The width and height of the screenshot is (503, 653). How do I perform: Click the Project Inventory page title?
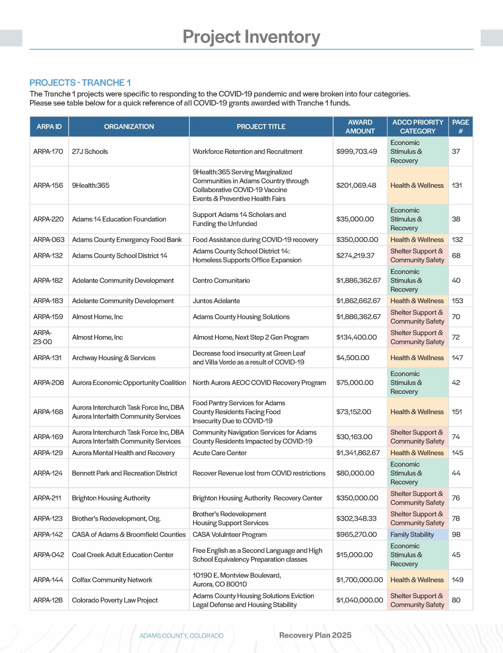pos(251,37)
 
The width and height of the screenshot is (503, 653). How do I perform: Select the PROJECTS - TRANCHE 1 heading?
pos(80,83)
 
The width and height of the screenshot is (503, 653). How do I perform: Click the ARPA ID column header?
pos(49,127)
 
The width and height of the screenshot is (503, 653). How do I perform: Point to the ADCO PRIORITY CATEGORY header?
pos(418,127)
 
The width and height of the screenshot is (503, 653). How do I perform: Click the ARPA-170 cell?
pos(48,152)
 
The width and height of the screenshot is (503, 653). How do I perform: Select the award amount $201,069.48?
pos(356,185)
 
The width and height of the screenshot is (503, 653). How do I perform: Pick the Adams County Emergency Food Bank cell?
pos(127,240)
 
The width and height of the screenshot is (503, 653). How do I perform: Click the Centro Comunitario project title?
pos(221,280)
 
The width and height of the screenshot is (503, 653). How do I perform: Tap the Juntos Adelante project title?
pos(216,301)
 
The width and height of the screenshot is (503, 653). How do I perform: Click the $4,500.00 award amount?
pos(353,358)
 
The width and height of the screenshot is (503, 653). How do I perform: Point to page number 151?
pos(457,412)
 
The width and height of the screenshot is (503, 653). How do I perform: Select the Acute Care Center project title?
pos(220,453)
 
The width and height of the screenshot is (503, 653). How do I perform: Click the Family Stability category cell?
pos(412,534)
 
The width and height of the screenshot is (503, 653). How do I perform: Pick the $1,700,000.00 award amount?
pos(359,580)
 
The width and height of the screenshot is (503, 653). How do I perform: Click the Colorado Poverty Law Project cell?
pos(115,600)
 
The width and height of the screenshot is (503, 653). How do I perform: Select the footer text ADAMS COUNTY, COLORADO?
pos(182,636)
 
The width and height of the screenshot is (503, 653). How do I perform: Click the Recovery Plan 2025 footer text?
pos(315,635)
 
